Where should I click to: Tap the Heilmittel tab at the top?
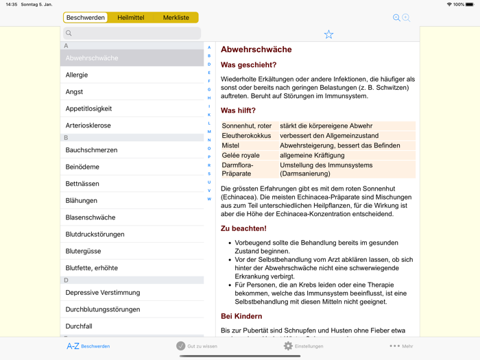click(x=130, y=18)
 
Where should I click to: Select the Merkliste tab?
click(x=176, y=18)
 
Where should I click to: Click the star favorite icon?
click(x=328, y=34)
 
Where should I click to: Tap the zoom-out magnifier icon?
click(x=396, y=18)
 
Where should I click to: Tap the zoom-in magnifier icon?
click(x=406, y=18)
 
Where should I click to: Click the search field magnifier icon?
click(x=69, y=33)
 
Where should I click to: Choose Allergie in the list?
click(x=77, y=75)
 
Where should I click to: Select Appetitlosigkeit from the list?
click(x=88, y=108)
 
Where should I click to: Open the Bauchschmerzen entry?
click(x=91, y=150)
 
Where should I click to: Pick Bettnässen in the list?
click(x=82, y=184)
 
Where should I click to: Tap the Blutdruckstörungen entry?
click(x=95, y=235)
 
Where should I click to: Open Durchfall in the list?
click(x=79, y=326)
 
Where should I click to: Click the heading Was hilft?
click(x=238, y=110)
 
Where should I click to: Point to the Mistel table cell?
click(x=230, y=145)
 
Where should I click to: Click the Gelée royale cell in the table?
click(x=241, y=155)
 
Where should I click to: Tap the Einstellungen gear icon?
click(x=288, y=346)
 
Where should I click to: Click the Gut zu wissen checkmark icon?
click(x=181, y=346)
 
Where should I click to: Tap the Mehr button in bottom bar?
click(x=401, y=346)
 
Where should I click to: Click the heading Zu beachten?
click(x=243, y=228)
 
